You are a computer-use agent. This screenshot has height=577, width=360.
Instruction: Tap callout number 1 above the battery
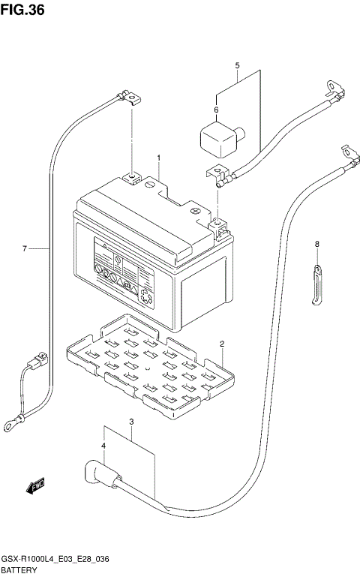(x=159, y=158)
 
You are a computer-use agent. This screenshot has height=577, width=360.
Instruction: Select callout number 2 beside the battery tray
(x=222, y=344)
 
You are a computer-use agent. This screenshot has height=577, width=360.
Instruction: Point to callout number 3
(x=131, y=422)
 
